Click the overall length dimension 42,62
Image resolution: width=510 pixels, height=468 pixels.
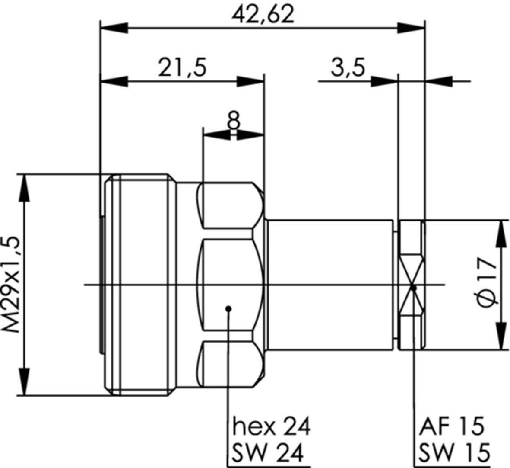point(263,15)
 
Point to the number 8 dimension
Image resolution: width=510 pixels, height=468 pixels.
point(234,120)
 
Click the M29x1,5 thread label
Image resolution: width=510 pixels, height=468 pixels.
point(13,284)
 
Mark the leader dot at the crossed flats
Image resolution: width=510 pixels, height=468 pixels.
point(413,288)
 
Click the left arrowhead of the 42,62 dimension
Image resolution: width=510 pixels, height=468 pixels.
point(114,28)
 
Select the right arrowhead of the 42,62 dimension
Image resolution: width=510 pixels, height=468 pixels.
point(411,28)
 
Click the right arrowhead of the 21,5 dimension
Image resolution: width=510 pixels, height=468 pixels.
point(250,81)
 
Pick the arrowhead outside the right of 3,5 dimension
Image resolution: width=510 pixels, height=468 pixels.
point(438,81)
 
